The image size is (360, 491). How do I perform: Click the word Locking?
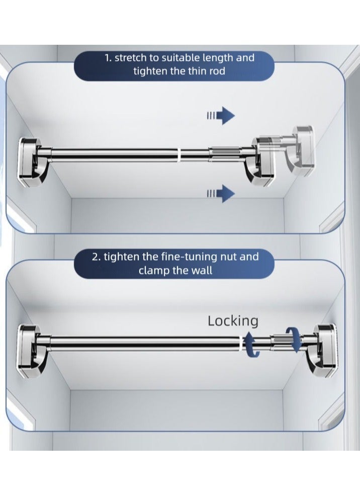(233, 320)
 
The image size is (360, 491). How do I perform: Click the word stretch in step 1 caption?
(129, 58)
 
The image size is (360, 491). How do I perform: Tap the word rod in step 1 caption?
(214, 71)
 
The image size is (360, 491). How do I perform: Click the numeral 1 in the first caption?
(107, 58)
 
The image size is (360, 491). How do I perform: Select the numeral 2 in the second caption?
(95, 257)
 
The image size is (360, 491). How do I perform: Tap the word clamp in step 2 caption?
(153, 270)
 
